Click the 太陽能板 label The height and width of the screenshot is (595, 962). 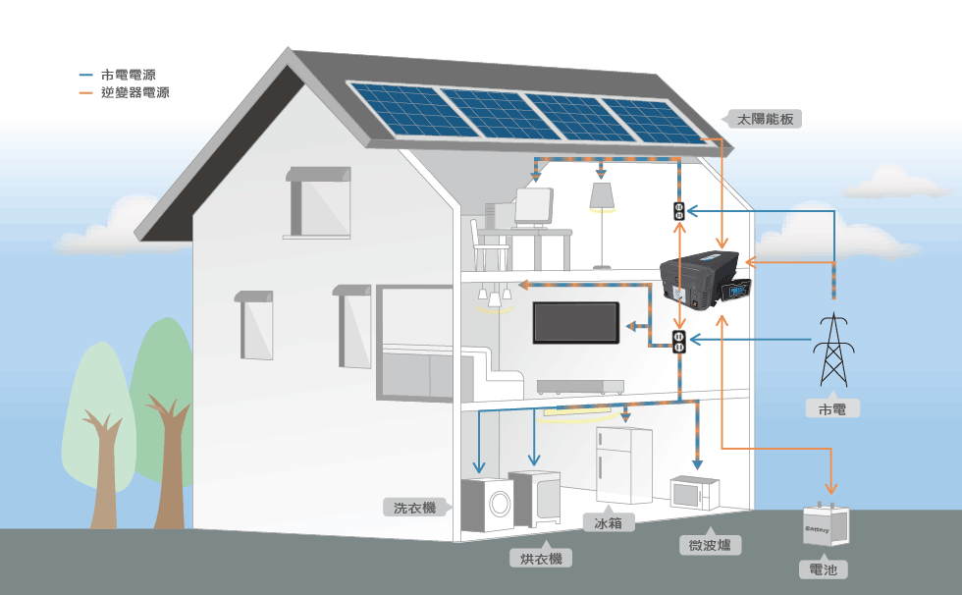765,119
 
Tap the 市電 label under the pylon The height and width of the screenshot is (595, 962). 832,409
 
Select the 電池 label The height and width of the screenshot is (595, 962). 824,569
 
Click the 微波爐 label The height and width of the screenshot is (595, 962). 710,545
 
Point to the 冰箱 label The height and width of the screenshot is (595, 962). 608,523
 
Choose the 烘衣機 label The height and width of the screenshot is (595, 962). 541,559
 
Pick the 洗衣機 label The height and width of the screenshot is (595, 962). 414,508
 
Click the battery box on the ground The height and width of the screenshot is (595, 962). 826,524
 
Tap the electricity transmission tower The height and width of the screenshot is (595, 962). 833,349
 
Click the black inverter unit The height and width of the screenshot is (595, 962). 705,280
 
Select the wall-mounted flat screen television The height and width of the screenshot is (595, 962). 575,323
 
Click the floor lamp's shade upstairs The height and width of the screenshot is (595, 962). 602,195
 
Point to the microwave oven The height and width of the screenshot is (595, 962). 695,493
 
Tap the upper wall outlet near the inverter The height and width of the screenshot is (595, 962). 678,211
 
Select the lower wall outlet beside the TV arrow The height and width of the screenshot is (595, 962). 678,342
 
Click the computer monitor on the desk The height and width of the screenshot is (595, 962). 533,207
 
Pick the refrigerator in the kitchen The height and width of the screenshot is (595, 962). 624,465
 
